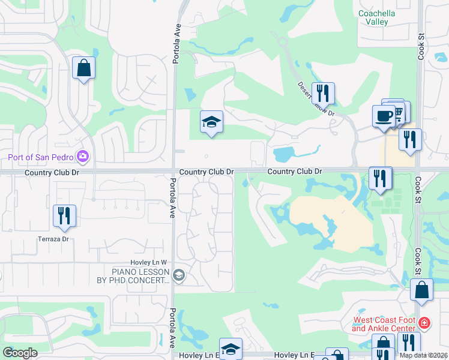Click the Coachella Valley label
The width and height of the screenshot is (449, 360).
(x=382, y=17)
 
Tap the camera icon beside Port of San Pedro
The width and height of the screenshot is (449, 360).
(x=83, y=157)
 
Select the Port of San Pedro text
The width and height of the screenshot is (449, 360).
(x=41, y=158)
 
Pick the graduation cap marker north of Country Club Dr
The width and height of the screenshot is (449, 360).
(x=211, y=122)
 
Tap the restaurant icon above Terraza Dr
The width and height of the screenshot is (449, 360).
(x=64, y=215)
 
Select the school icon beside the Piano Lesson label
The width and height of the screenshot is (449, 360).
(x=178, y=275)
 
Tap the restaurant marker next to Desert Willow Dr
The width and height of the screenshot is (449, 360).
(x=323, y=93)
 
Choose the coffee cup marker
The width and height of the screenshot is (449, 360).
(x=383, y=116)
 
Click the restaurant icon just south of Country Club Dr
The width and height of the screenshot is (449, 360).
(x=381, y=178)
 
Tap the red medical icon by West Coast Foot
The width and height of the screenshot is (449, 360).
(x=424, y=323)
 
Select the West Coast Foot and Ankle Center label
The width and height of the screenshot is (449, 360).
(x=384, y=324)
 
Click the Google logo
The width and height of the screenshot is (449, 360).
(x=20, y=353)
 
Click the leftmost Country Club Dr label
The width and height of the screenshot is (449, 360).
(x=52, y=172)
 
